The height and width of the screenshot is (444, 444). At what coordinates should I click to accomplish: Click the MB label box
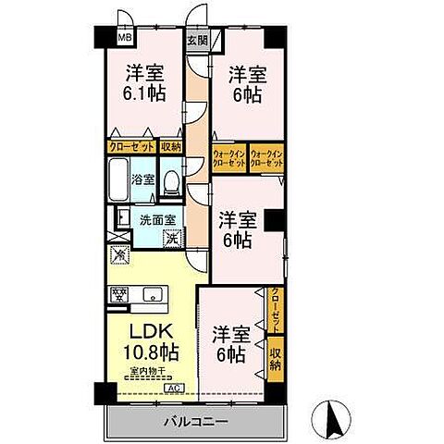click(x=124, y=39)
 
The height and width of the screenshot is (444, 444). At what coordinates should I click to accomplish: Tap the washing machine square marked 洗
click(x=171, y=238)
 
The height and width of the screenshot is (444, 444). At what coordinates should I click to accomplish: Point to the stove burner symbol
click(x=118, y=296)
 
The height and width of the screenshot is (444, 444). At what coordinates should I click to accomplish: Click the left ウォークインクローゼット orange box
click(x=228, y=157)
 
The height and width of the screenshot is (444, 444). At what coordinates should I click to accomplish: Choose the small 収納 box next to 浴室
click(x=170, y=146)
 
